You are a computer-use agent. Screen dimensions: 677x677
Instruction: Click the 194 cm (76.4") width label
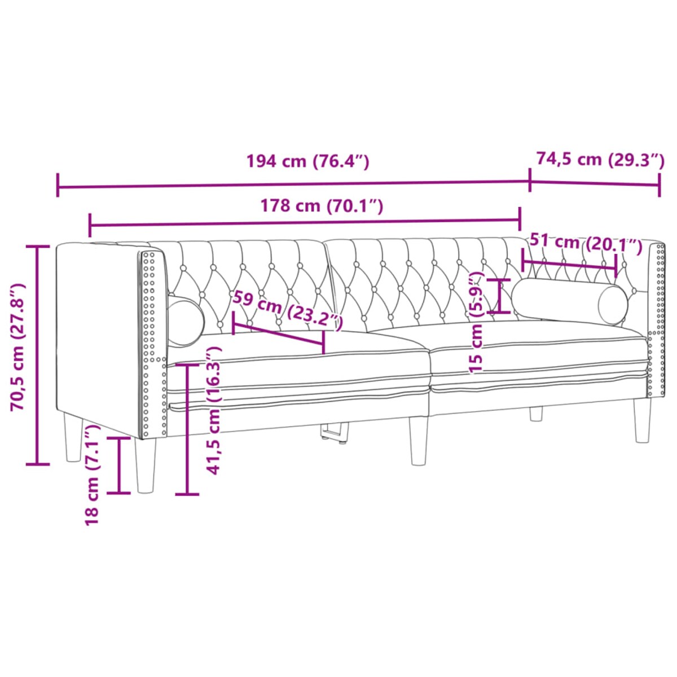307,161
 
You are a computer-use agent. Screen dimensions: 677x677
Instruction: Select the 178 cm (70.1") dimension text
322,206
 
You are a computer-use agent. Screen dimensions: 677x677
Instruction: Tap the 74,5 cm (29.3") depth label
600,160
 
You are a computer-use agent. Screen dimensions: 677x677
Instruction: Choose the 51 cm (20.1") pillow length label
586,243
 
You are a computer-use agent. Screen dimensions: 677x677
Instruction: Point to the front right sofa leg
642,420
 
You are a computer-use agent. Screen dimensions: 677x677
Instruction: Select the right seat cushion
536,353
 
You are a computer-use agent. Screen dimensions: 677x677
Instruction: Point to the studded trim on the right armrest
657,316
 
